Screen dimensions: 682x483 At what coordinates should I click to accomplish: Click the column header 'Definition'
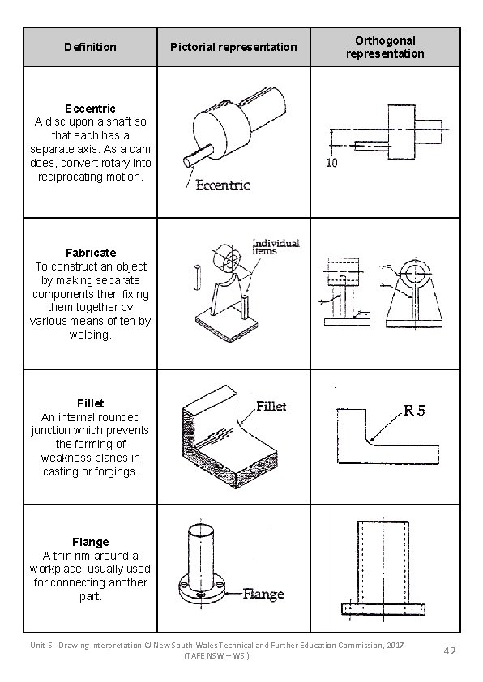[x=90, y=47]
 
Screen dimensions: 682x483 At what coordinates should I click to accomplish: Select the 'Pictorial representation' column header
[x=233, y=47]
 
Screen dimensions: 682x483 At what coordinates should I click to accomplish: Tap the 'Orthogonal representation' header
[x=384, y=47]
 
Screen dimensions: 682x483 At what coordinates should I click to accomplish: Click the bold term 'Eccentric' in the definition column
[x=90, y=108]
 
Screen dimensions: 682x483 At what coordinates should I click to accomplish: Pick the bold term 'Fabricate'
[x=90, y=253]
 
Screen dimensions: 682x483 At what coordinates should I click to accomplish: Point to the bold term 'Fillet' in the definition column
[x=90, y=403]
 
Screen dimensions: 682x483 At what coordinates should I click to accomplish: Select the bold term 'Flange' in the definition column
[x=90, y=541]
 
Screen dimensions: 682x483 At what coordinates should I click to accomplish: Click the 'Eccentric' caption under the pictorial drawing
[x=223, y=185]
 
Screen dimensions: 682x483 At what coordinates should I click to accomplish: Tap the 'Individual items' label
[x=276, y=246]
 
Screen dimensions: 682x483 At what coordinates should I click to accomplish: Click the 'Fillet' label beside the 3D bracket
[x=271, y=406]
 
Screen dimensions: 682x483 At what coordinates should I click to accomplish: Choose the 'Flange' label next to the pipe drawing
[x=263, y=595]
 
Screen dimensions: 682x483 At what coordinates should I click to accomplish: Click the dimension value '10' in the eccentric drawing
[x=332, y=164]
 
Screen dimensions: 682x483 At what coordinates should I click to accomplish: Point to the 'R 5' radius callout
[x=415, y=410]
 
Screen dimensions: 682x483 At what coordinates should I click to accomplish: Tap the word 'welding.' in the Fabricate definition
[x=90, y=335]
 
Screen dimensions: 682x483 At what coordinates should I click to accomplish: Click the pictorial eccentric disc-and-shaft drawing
[x=235, y=121]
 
